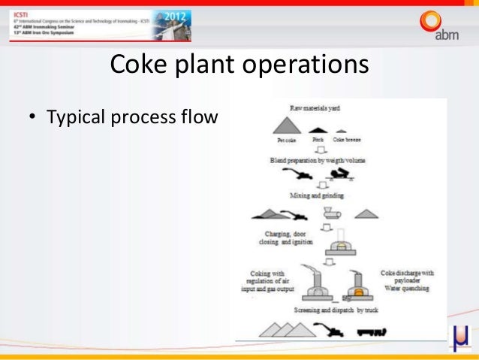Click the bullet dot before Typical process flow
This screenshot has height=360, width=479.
point(32,118)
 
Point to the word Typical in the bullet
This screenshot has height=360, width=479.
point(79,118)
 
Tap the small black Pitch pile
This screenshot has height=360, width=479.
point(318,129)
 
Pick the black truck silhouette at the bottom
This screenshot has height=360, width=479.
point(372,331)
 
